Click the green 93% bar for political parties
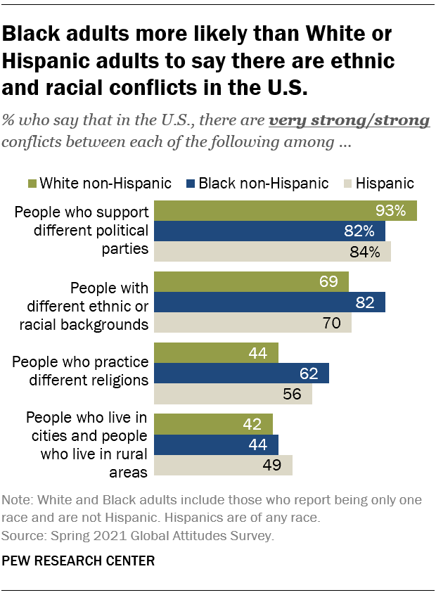[285, 210]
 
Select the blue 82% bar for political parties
[269, 231]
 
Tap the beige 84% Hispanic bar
[272, 252]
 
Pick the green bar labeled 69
[251, 281]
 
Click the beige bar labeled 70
[252, 323]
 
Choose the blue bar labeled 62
[241, 373]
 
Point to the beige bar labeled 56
[233, 394]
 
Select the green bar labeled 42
[213, 424]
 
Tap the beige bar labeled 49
[223, 466]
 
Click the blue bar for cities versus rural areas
[216, 444]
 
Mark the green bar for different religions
[216, 352]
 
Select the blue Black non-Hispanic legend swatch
[190, 184]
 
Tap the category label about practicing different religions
[82, 371]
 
